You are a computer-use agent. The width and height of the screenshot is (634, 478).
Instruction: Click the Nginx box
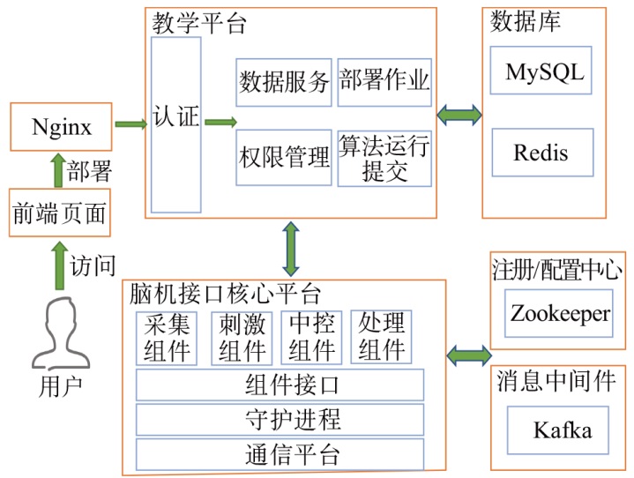63,126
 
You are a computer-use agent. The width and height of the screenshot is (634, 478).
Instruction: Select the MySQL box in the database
543,72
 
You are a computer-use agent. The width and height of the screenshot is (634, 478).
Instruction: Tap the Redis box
541,152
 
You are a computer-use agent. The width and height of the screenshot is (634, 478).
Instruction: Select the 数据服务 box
284,81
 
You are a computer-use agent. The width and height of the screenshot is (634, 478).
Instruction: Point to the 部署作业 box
384,81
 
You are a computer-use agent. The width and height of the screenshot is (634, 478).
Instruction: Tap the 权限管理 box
284,158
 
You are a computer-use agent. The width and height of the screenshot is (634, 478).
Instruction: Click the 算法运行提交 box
384,158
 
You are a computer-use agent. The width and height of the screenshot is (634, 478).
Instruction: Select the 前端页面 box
59,212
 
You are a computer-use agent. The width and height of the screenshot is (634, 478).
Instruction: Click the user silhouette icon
59,332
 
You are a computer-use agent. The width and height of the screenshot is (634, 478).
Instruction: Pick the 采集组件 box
168,337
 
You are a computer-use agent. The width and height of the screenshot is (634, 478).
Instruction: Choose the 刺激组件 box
242,337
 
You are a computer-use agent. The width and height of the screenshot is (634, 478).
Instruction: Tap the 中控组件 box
311,337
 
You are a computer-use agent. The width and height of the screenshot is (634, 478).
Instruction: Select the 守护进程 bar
280,419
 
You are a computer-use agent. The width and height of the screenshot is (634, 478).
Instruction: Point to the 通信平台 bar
280,454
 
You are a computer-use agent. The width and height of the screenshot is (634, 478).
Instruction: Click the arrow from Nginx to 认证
131,123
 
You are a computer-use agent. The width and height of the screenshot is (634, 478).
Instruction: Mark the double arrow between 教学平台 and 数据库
459,114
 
